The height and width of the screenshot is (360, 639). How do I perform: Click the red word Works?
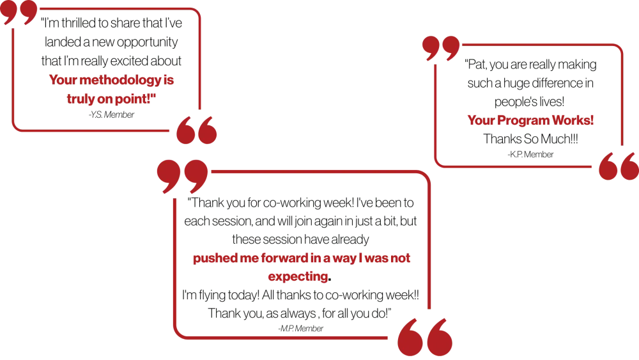tap(576, 120)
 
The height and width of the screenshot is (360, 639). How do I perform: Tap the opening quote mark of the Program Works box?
tap(441, 49)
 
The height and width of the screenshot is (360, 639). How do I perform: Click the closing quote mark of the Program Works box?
tap(618, 166)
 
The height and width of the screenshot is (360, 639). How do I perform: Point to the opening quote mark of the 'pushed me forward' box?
tap(182, 174)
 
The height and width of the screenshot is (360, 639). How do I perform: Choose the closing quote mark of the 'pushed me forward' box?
tap(424, 336)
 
